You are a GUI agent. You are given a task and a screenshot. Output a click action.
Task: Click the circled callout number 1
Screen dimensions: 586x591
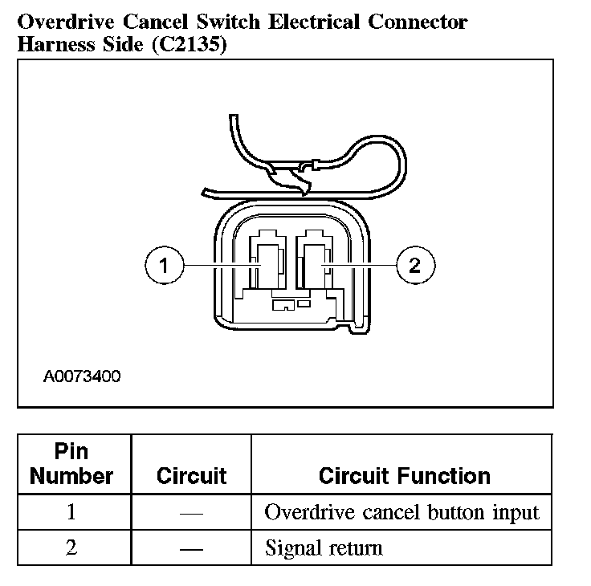(x=163, y=265)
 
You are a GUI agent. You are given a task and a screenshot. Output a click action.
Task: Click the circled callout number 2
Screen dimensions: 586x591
(x=414, y=265)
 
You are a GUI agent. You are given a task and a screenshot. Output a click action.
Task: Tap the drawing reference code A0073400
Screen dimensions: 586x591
(x=82, y=376)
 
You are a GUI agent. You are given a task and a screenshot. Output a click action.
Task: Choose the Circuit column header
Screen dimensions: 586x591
(x=191, y=476)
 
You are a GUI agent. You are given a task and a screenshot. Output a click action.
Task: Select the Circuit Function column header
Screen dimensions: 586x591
(x=404, y=476)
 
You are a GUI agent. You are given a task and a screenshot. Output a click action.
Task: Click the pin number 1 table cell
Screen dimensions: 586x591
(x=72, y=512)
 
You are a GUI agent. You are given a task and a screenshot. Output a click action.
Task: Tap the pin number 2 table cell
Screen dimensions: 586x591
(x=72, y=548)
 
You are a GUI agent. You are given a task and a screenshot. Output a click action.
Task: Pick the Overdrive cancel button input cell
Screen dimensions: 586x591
(x=401, y=512)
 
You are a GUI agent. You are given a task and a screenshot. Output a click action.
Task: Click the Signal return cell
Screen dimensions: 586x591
(x=324, y=548)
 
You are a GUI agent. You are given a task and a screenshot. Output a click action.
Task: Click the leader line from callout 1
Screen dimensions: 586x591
(x=217, y=265)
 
